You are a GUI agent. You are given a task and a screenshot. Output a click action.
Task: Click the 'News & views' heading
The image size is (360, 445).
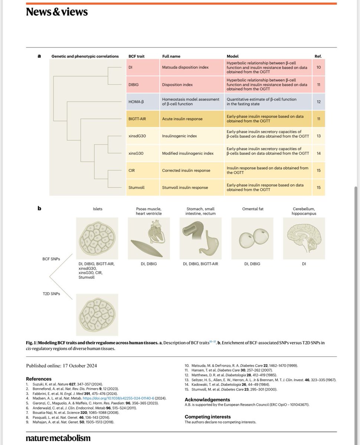click(57, 12)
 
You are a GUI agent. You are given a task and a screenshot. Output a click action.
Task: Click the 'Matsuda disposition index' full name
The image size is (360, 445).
click(184, 67)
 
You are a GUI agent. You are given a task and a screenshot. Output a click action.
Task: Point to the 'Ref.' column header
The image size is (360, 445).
click(318, 56)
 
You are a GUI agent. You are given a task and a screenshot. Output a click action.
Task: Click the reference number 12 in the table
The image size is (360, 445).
click(318, 102)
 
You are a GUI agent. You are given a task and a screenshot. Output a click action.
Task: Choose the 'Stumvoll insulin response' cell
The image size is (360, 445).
click(186, 188)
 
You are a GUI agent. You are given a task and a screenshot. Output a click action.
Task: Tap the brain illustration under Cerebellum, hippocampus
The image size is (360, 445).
click(304, 238)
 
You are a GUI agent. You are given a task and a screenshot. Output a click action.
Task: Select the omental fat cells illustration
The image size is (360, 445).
click(252, 238)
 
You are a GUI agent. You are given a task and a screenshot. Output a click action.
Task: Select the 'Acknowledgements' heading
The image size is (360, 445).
click(207, 399)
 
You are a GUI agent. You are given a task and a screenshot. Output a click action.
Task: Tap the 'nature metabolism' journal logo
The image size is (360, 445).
click(58, 438)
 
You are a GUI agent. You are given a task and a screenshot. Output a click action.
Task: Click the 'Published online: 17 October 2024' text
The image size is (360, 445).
click(61, 366)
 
